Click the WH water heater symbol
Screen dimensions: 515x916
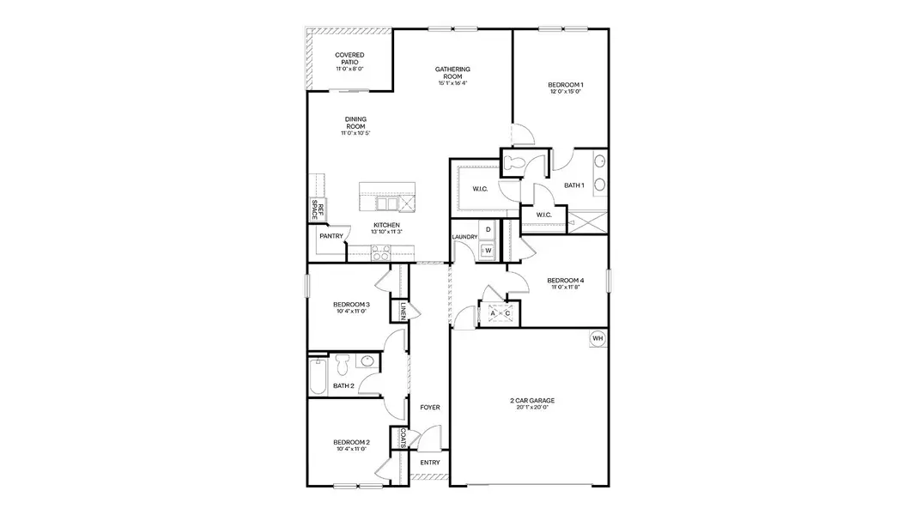598,339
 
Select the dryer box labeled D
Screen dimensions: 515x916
488,230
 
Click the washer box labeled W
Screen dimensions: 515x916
488,250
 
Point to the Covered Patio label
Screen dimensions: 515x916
349,58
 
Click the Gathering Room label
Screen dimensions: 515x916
452,73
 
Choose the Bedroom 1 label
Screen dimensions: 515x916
566,85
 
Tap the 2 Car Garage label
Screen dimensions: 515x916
532,400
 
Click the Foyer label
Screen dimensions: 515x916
429,407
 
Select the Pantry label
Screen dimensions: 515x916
331,236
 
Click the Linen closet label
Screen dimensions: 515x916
401,309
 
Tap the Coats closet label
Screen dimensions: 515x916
401,438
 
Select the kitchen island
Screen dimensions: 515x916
386,197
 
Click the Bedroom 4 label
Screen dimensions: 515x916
566,281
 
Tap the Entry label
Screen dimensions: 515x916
429,463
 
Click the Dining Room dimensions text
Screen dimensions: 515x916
355,133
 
